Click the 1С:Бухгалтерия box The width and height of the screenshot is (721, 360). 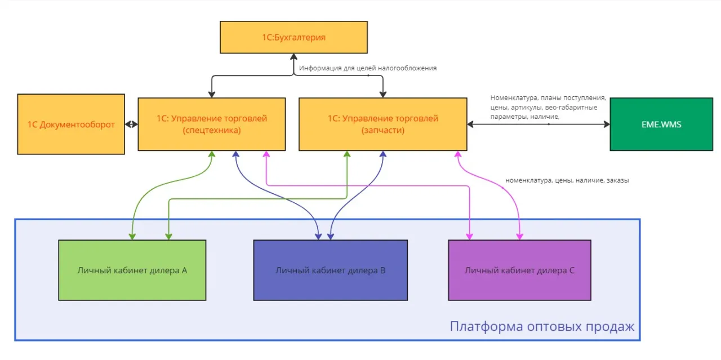click(x=293, y=37)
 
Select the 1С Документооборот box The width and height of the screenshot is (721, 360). click(x=71, y=125)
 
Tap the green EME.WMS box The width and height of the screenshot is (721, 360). click(x=662, y=125)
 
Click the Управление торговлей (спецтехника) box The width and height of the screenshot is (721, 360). click(x=212, y=125)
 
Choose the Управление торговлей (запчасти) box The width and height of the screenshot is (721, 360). click(x=382, y=125)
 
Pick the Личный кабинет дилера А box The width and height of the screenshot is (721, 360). click(x=132, y=270)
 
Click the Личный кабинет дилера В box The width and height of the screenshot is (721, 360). click(x=330, y=270)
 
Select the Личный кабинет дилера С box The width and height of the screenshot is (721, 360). click(x=519, y=270)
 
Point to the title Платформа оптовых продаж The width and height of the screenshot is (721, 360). click(x=542, y=327)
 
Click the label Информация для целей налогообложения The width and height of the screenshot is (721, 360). click(x=368, y=68)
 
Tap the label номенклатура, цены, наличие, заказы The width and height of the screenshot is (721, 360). click(x=567, y=181)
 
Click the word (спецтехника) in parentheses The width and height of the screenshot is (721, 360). click(x=212, y=130)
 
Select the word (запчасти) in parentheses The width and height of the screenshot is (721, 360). click(x=382, y=130)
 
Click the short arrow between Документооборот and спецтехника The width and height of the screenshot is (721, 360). click(x=131, y=125)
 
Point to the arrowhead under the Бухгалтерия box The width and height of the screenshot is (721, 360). click(x=293, y=56)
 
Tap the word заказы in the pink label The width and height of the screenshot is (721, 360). click(x=618, y=181)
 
